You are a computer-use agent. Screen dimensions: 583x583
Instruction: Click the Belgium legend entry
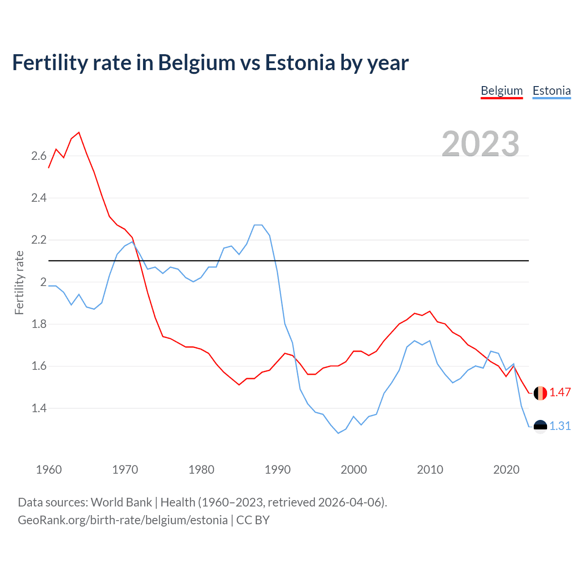click(x=501, y=91)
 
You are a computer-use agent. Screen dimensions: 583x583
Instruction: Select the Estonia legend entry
click(x=552, y=91)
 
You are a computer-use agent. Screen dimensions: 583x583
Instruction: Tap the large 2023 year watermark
click(x=481, y=144)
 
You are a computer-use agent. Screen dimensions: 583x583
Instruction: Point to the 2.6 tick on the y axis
click(x=39, y=156)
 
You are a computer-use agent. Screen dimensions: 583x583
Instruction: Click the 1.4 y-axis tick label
click(x=39, y=408)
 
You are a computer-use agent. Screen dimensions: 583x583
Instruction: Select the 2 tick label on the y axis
click(x=43, y=282)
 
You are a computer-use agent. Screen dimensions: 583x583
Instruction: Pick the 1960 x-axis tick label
click(x=49, y=470)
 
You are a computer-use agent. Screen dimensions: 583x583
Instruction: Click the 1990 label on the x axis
click(x=277, y=470)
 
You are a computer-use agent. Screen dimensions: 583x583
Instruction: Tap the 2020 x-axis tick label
click(x=506, y=470)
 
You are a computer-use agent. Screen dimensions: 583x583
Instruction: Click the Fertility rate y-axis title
click(x=19, y=282)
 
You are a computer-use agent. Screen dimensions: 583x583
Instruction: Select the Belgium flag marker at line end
click(x=540, y=393)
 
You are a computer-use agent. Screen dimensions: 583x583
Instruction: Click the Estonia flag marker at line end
click(x=540, y=426)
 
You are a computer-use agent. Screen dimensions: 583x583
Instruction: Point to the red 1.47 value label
click(x=560, y=393)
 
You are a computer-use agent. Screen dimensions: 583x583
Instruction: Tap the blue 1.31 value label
click(x=560, y=426)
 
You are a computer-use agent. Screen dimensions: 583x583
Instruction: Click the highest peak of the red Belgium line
click(x=79, y=133)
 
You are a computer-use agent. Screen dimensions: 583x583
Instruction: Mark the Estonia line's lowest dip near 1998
click(x=338, y=433)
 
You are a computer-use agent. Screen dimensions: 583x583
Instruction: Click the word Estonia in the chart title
click(x=300, y=63)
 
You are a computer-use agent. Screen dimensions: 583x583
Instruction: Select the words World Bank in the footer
click(x=121, y=502)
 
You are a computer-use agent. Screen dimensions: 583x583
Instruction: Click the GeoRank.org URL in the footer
click(x=123, y=520)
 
